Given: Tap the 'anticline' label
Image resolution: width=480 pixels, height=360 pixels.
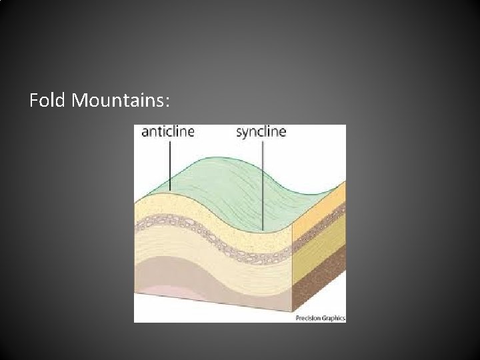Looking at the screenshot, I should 168,131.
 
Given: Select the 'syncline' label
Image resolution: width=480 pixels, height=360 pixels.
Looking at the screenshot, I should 261,131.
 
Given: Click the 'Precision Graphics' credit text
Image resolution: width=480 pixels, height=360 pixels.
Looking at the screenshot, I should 320,319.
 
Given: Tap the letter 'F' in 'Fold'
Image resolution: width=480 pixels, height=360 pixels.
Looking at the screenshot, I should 34,101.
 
